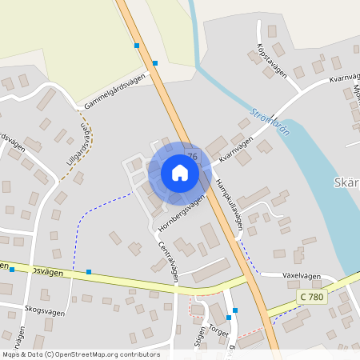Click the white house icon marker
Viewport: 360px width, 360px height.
[x=179, y=172]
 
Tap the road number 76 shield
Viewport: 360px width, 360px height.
[x=192, y=155]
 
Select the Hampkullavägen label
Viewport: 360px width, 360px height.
[x=228, y=205]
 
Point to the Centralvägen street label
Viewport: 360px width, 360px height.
[x=168, y=262]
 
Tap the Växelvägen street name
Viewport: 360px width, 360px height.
[x=302, y=276]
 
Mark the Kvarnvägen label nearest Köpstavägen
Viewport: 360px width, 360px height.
[x=344, y=80]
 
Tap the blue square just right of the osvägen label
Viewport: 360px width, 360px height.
[x=89, y=272]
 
